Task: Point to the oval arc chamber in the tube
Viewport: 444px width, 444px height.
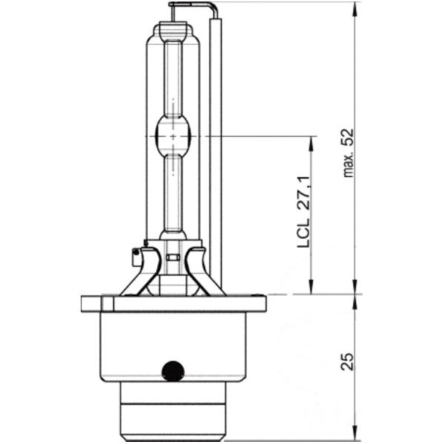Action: pos(174,138)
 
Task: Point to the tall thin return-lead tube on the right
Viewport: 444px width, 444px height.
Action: pos(216,148)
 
